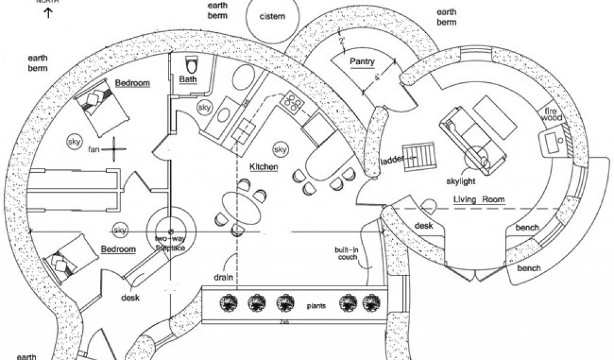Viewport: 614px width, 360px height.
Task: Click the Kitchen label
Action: [x=263, y=166]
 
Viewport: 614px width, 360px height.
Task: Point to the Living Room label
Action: [x=478, y=199]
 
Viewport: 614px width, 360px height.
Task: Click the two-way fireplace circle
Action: [x=170, y=231]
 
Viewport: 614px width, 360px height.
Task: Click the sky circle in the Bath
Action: [x=204, y=107]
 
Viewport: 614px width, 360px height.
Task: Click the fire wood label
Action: [x=552, y=115]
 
